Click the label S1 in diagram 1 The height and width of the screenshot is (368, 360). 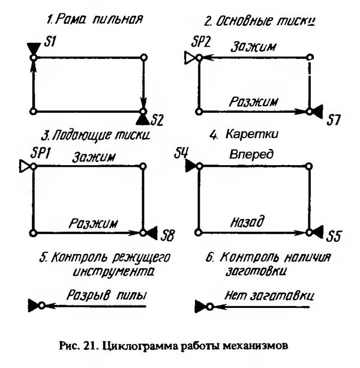point(51,42)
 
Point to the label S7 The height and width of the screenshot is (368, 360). point(334,121)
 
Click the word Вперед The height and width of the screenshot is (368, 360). point(251,154)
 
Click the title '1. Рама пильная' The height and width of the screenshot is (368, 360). point(95,19)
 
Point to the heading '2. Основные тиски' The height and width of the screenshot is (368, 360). point(260,22)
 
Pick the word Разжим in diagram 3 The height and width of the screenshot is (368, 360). point(93,222)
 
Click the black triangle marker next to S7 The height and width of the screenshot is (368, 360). point(317,111)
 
